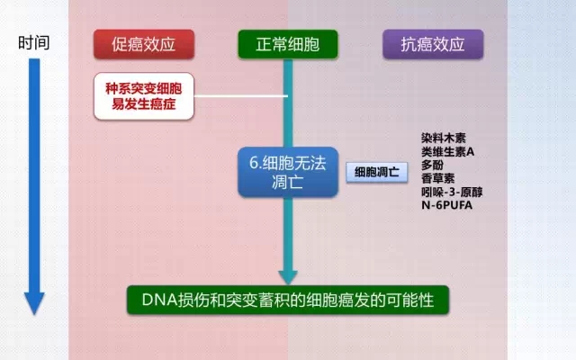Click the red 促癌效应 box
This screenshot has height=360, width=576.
[x=144, y=44]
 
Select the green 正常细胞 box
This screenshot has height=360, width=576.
[x=288, y=44]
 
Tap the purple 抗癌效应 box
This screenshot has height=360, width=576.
[x=433, y=44]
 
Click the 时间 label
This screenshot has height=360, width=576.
[x=34, y=42]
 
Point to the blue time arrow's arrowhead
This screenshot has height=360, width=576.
[x=34, y=303]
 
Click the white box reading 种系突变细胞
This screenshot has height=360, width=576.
[x=144, y=96]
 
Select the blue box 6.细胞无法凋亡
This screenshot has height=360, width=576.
[x=288, y=172]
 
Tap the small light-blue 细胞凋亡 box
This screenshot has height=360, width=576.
[x=377, y=172]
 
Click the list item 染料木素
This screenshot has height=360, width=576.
[x=444, y=138]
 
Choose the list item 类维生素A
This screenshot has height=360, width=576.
[x=448, y=151]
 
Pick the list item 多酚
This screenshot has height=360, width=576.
[x=432, y=165]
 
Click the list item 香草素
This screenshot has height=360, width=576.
[x=438, y=178]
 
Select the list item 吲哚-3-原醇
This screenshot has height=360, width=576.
[x=452, y=192]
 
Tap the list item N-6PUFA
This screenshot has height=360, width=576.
[x=446, y=205]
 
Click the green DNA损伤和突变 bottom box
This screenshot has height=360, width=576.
[x=288, y=300]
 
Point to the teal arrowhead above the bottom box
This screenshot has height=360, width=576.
[x=288, y=277]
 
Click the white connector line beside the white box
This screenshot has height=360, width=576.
[x=240, y=96]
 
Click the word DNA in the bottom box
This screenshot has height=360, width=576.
[x=160, y=300]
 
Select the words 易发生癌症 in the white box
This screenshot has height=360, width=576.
[x=144, y=104]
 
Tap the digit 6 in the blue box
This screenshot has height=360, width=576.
[x=254, y=163]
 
